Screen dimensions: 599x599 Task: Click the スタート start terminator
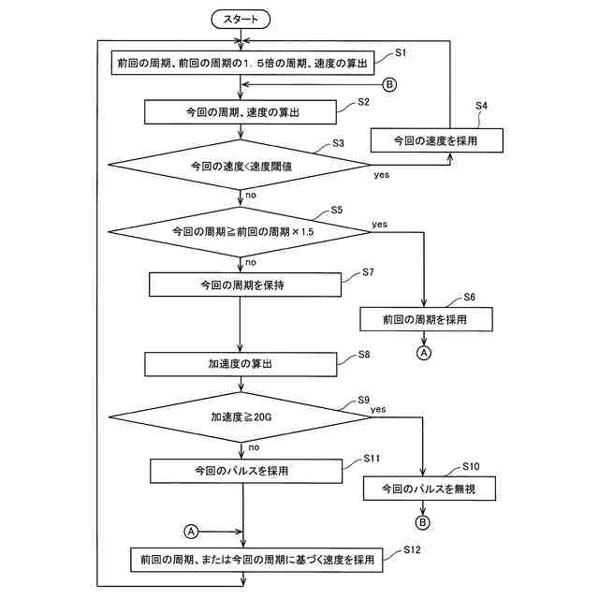pos(241,18)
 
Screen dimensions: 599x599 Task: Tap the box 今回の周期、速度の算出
pos(241,112)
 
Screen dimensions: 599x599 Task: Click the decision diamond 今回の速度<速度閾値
pos(241,166)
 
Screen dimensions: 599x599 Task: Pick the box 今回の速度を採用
pos(437,139)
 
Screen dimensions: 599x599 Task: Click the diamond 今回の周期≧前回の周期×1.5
pos(240,230)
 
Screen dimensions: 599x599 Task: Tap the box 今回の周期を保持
pos(241,284)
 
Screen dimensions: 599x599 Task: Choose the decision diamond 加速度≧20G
pos(240,417)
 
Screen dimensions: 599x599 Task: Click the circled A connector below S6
pos(424,354)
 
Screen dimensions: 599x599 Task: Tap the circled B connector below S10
pos(424,522)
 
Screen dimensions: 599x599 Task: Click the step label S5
pos(338,212)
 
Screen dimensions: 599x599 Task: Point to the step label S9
pos(364,400)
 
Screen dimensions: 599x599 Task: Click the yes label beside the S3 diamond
pos(382,175)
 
